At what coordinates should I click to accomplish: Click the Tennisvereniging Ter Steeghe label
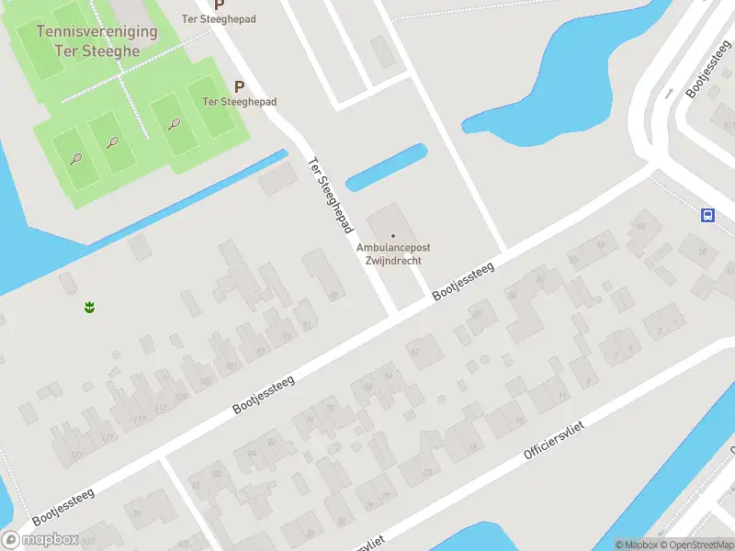click(96, 40)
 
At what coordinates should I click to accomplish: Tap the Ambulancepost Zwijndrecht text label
click(393, 254)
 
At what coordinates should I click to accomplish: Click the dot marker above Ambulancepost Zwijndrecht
click(393, 236)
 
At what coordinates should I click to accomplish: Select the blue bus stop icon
click(707, 215)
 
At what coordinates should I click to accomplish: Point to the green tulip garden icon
click(90, 307)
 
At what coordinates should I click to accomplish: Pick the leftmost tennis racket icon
click(75, 159)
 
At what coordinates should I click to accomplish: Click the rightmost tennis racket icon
click(174, 123)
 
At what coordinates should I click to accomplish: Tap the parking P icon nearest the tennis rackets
click(239, 86)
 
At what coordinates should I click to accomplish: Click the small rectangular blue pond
click(386, 166)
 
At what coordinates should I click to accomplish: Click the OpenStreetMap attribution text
click(695, 545)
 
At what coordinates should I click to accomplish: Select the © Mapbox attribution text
click(636, 545)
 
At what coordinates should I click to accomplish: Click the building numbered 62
click(414, 351)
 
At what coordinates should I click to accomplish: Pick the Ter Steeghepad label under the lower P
click(239, 101)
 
